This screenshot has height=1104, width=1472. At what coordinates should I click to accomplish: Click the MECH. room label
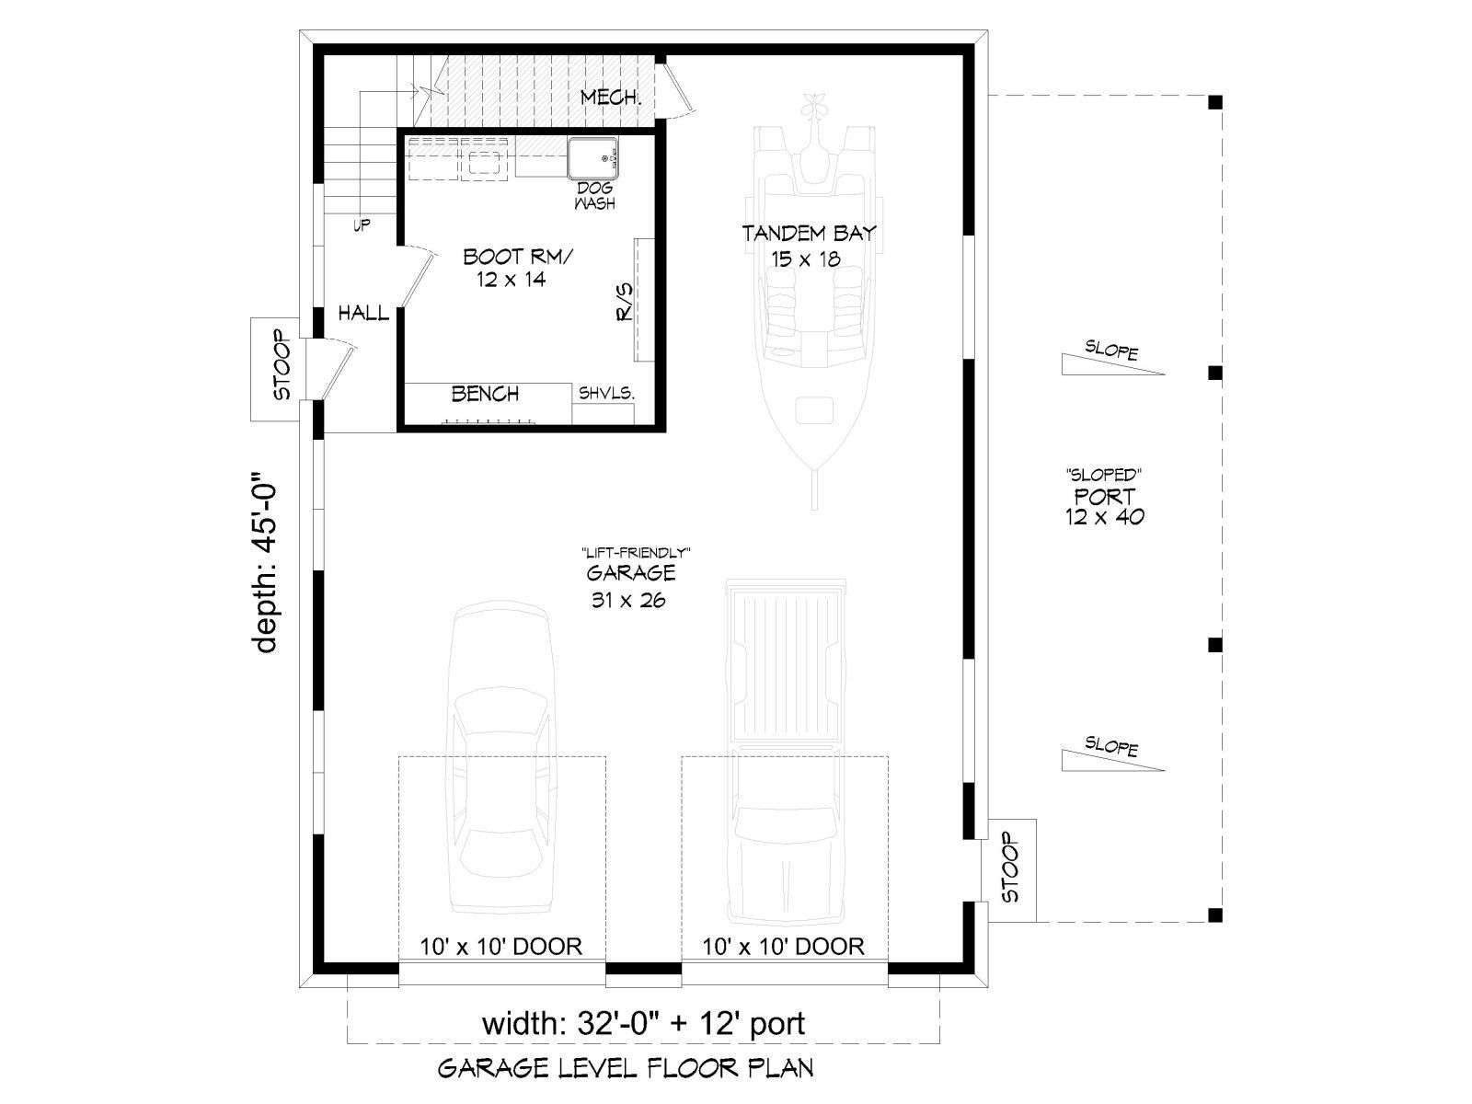coord(611,98)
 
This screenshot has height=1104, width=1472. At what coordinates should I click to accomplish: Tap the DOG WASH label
coord(595,196)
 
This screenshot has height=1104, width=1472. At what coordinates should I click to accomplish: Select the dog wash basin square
coord(592,158)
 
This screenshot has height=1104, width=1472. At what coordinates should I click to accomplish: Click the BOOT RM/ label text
coord(518,256)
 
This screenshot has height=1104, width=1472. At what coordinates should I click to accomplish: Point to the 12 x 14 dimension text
coord(511,280)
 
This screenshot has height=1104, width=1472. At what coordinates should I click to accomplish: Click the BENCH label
coord(485,394)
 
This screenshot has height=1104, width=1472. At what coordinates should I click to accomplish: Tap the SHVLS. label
coord(606,394)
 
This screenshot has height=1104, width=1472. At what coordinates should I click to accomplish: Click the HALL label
coord(363,313)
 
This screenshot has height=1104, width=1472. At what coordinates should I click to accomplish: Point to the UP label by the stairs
coord(362,224)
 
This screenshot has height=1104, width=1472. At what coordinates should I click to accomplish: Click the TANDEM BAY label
coord(809,234)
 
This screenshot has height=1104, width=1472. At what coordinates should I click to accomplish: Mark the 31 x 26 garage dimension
coord(628,600)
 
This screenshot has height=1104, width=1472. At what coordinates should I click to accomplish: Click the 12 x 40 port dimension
coord(1105,517)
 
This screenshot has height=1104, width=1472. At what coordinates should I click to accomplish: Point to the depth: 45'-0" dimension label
coord(266,563)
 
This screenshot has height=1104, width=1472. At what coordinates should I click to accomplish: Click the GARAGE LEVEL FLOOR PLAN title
coord(625,1068)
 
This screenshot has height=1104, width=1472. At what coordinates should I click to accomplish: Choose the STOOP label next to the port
coord(1010,868)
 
